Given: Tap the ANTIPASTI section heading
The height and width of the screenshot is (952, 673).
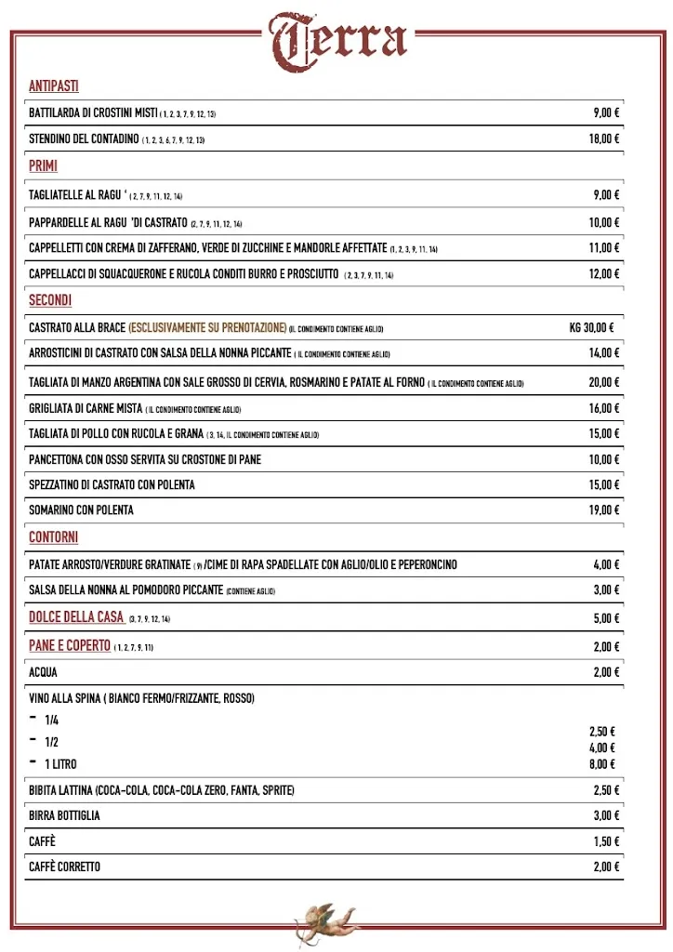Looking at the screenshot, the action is pyautogui.click(x=53, y=86).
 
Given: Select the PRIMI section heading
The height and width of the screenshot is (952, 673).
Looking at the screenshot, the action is pyautogui.click(x=43, y=166).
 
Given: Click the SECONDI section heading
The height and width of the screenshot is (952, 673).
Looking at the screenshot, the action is pyautogui.click(x=50, y=300).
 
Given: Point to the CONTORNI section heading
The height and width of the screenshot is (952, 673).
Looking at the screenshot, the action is pyautogui.click(x=53, y=537).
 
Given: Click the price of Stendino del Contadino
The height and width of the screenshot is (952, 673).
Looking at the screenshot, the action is pyautogui.click(x=603, y=139).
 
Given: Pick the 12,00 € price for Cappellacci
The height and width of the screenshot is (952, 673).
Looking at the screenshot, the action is pyautogui.click(x=603, y=274).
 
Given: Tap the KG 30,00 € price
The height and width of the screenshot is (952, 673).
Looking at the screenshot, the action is pyautogui.click(x=591, y=327).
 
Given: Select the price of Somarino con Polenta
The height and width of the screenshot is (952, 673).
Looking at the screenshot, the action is pyautogui.click(x=603, y=510).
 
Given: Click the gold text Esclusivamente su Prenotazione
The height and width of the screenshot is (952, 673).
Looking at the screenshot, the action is pyautogui.click(x=207, y=327).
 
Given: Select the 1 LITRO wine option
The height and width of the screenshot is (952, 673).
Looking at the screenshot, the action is pyautogui.click(x=60, y=764).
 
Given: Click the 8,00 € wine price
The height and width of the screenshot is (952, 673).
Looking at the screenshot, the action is pyautogui.click(x=601, y=764).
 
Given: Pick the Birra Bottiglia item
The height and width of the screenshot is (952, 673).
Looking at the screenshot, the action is pyautogui.click(x=64, y=816).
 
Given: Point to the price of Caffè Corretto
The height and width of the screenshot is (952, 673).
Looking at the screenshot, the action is pyautogui.click(x=605, y=867).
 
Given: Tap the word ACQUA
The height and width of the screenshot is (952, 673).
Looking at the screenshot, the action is pyautogui.click(x=43, y=672).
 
